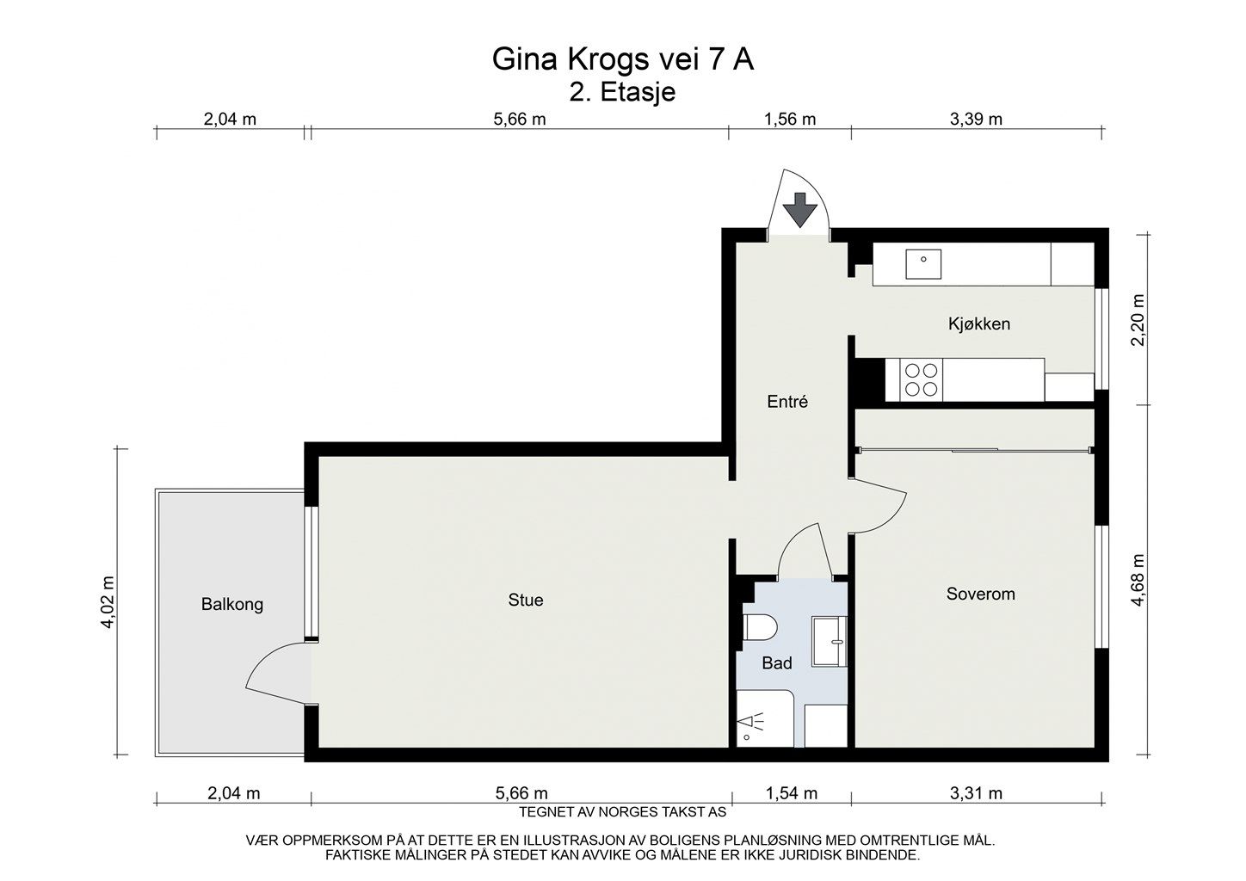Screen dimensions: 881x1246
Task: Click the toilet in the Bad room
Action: click(759, 628)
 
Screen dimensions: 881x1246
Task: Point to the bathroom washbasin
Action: click(830, 641)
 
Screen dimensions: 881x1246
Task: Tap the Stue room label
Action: click(526, 600)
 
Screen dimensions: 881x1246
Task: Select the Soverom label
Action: click(980, 594)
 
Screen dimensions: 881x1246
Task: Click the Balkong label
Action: click(232, 604)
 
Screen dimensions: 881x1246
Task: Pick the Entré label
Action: click(787, 401)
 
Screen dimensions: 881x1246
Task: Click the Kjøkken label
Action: click(979, 323)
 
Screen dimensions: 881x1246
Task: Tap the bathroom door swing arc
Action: click(804, 546)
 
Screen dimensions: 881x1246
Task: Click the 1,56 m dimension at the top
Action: click(790, 120)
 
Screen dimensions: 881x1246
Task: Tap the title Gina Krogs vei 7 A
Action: click(623, 59)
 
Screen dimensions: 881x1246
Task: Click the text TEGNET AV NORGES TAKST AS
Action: click(623, 811)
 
